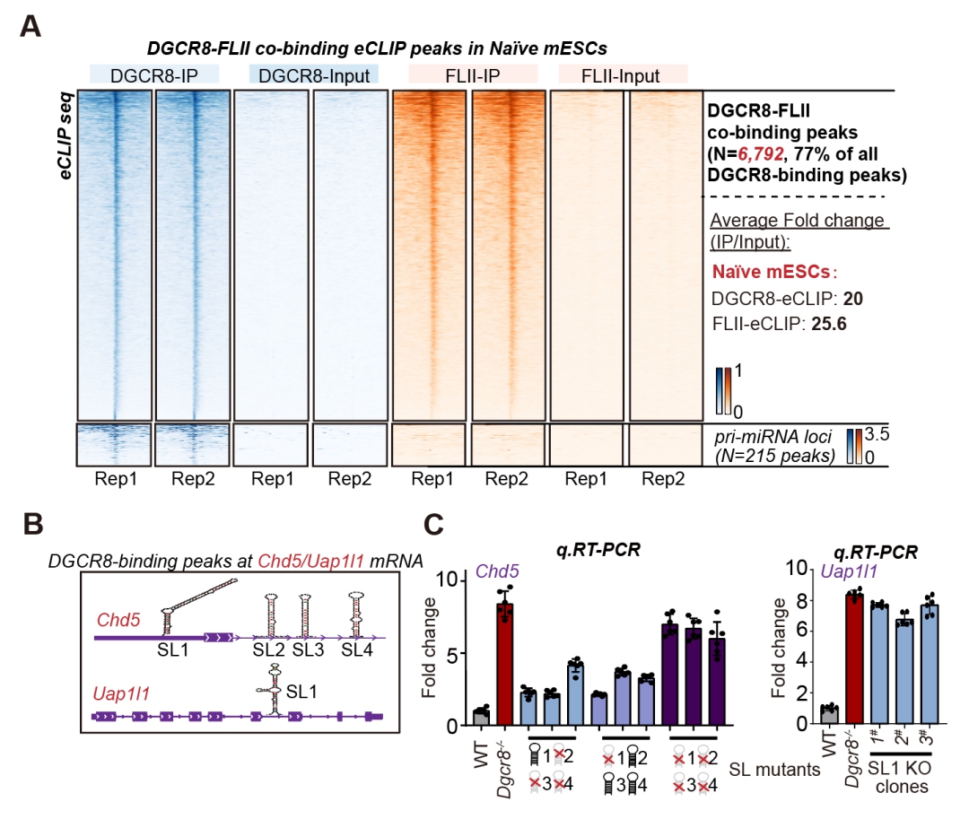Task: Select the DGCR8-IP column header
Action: tap(148, 76)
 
